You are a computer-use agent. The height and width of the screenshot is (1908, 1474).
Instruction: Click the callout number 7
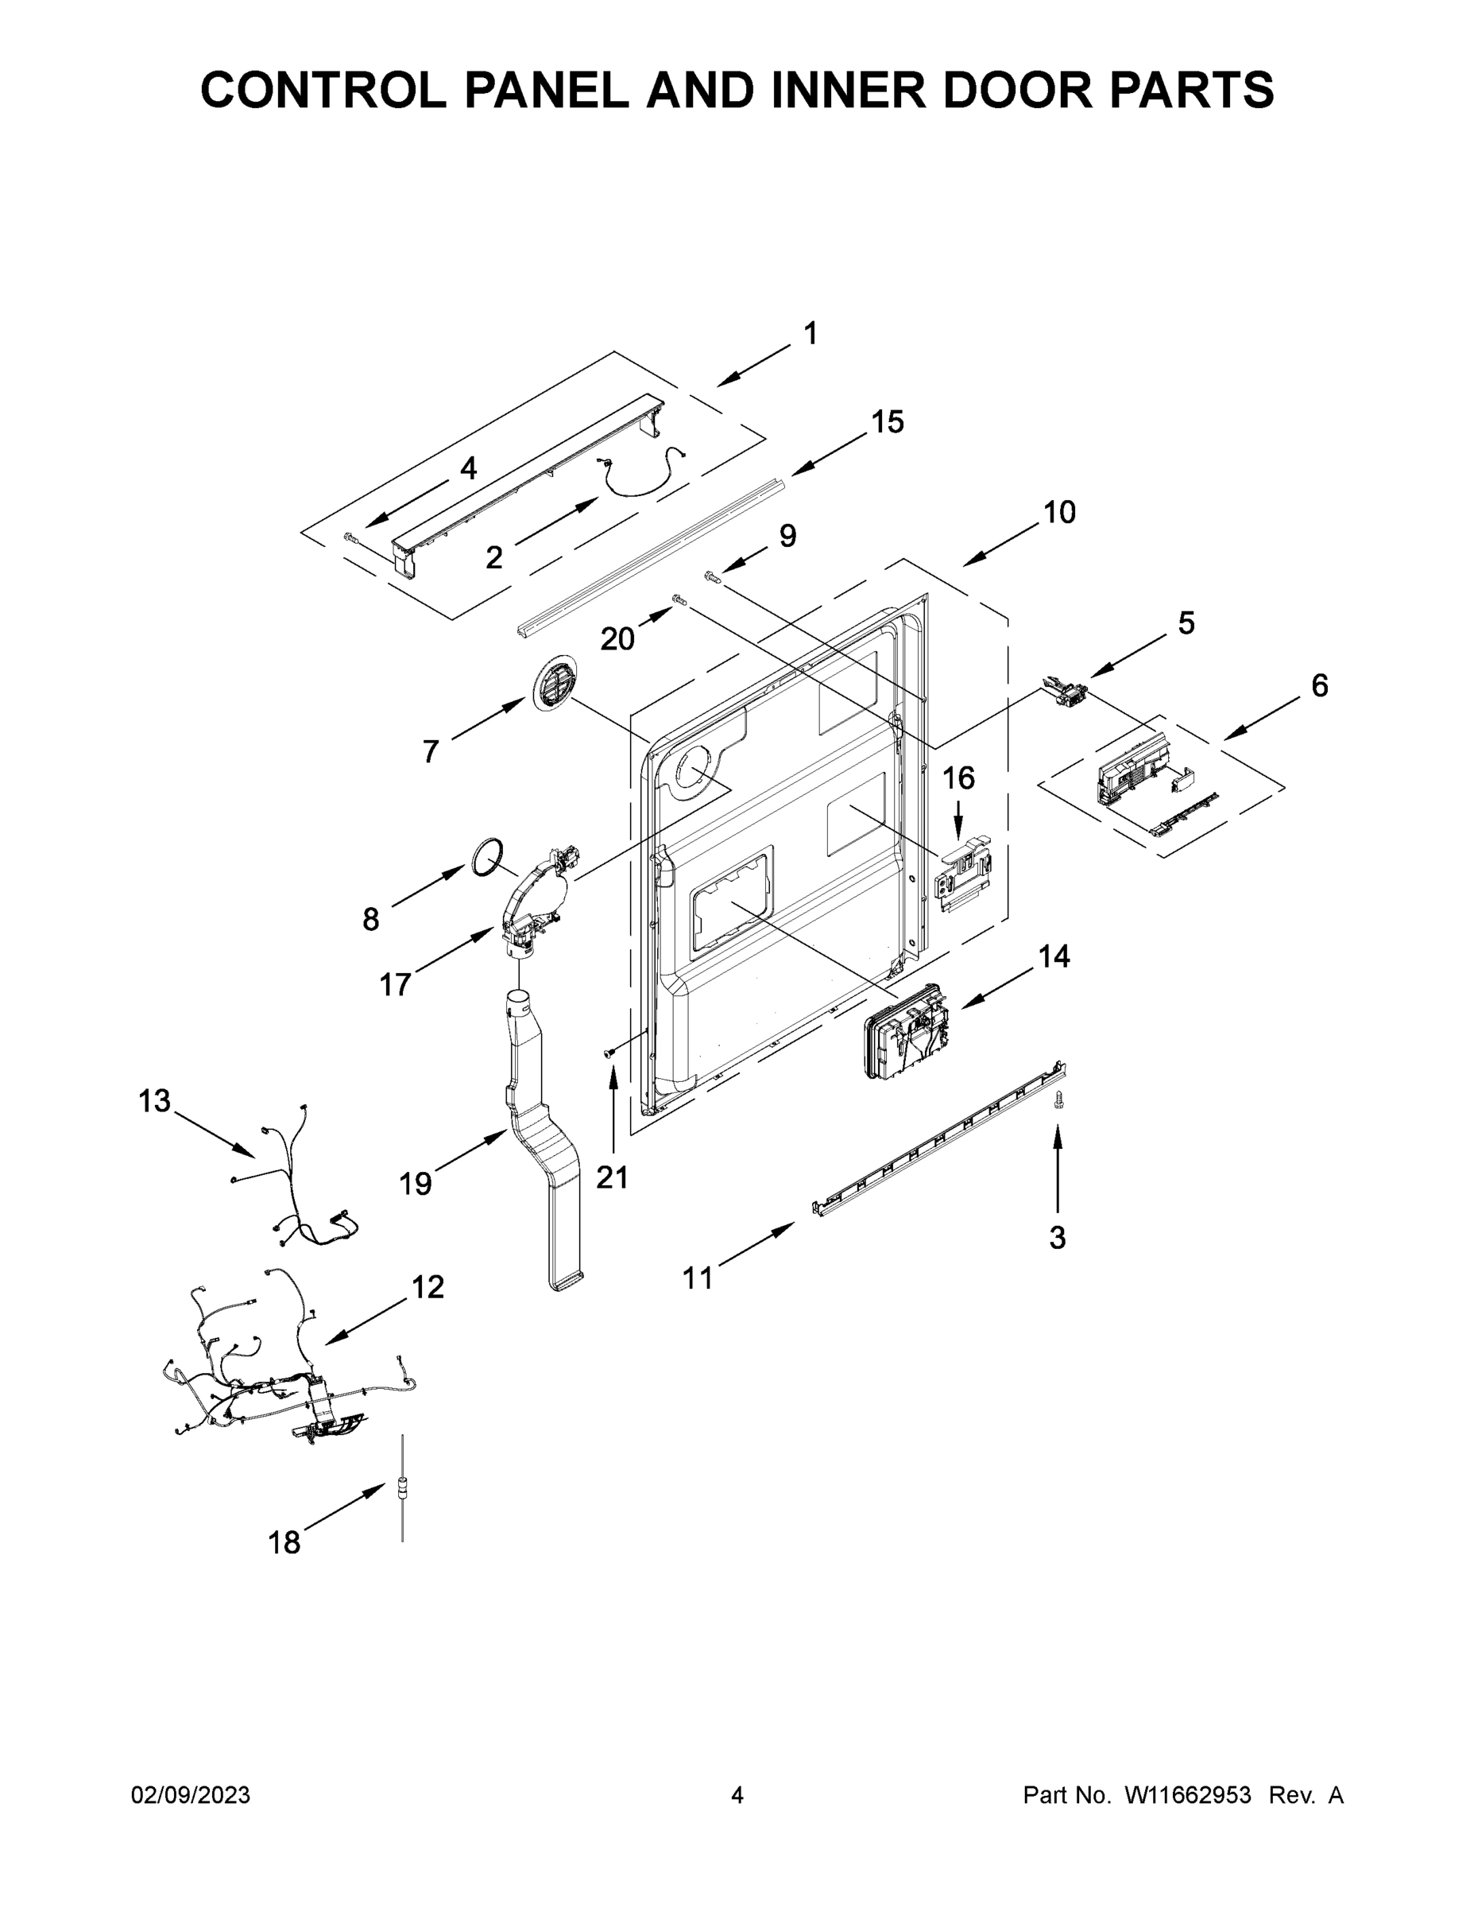430,751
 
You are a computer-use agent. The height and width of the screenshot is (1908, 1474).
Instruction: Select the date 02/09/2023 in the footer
191,1795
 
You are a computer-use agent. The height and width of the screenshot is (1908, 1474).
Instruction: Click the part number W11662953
1188,1795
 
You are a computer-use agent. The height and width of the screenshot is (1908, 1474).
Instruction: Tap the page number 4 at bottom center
737,1795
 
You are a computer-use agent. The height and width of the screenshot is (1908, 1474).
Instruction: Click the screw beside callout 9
712,576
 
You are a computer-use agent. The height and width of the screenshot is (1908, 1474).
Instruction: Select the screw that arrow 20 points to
679,599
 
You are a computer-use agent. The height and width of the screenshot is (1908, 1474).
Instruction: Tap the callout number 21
612,1177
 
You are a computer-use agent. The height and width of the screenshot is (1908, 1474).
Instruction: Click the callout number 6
1319,686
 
